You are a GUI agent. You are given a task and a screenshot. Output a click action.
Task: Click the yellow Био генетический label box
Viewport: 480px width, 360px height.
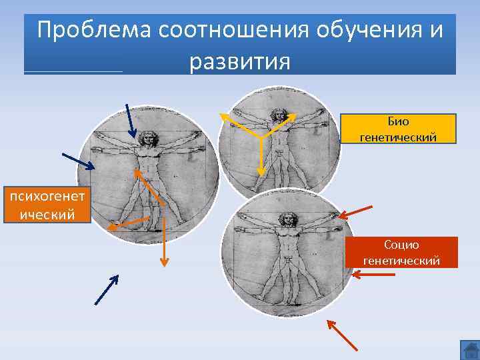[398, 129]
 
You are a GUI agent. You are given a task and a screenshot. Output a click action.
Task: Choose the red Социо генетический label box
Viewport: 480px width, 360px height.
[401, 252]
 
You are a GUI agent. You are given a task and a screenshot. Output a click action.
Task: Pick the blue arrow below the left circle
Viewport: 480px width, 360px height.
[106, 291]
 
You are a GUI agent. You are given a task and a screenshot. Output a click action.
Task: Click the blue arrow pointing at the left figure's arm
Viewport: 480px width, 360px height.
[78, 161]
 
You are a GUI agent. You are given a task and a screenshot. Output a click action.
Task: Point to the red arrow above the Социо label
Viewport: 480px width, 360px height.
[355, 211]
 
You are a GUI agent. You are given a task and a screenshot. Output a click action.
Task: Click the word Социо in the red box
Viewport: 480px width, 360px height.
[401, 245]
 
